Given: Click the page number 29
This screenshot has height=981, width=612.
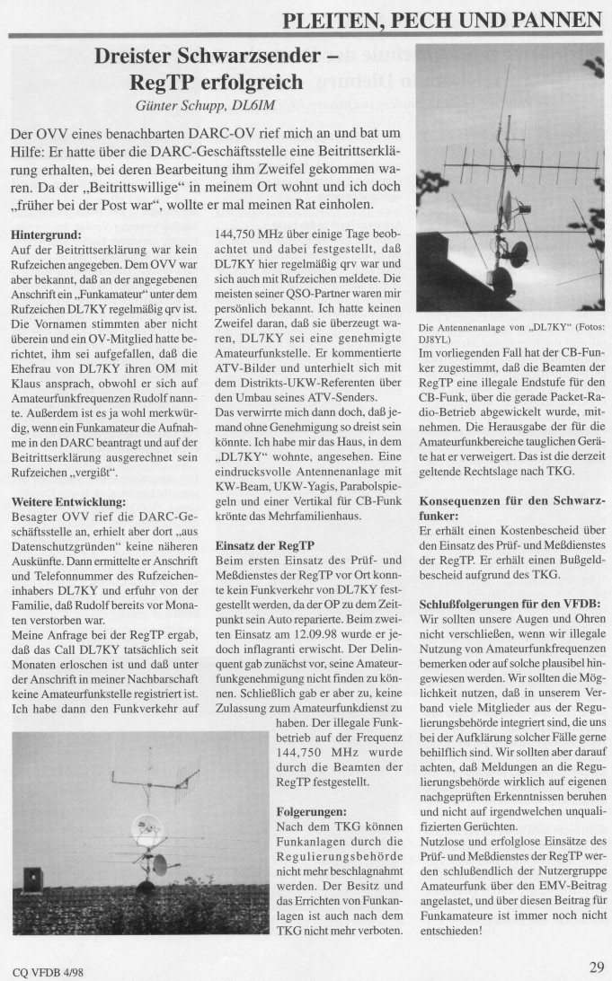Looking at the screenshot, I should tap(597, 967).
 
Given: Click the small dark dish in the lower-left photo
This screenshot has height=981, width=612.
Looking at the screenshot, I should tap(158, 866).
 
